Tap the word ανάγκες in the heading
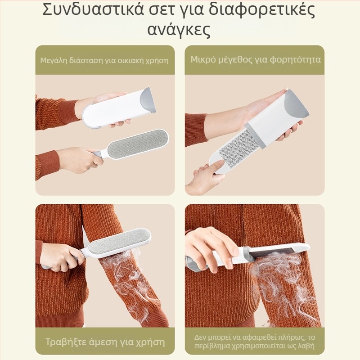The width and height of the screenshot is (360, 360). click(x=179, y=30)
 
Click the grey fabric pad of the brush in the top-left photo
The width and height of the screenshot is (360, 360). click(x=137, y=143)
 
